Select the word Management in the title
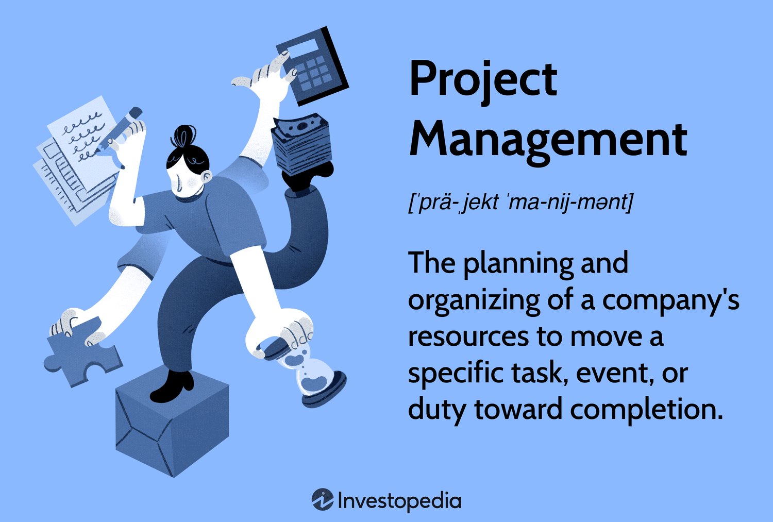[x=548, y=142]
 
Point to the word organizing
[x=474, y=301]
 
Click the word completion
[x=646, y=411]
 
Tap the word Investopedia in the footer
[x=399, y=501]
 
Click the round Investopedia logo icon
[x=322, y=499]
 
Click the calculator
[x=312, y=66]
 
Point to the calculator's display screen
[x=300, y=48]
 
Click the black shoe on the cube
[x=173, y=386]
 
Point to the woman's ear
[x=207, y=176]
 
